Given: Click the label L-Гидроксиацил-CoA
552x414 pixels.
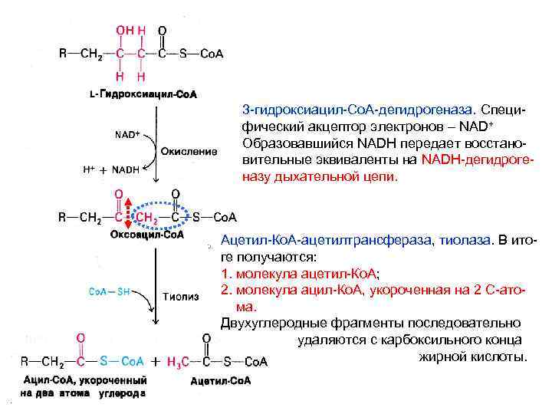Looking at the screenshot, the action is tap(143, 95).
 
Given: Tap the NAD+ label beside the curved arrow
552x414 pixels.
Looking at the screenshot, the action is tap(127, 134).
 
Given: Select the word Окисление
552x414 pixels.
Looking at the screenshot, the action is tap(189, 152).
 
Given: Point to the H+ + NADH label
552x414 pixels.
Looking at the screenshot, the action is tap(115, 169).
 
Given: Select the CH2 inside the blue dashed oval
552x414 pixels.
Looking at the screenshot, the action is tap(148, 218).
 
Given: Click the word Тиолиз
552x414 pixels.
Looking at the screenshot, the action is tap(181, 296).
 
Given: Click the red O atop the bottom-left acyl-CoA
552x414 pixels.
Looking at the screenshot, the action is tap(80, 336).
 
